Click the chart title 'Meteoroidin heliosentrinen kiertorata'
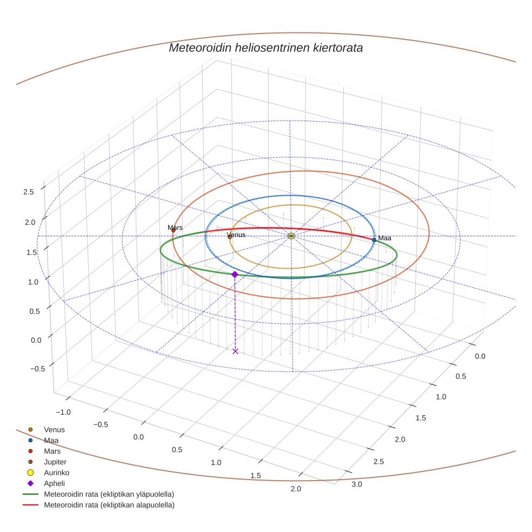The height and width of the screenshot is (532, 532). (x=265, y=48)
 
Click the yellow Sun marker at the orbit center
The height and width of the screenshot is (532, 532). (x=291, y=236)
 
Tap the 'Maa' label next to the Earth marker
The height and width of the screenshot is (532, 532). (x=384, y=238)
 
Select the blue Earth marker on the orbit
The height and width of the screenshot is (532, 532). (x=374, y=240)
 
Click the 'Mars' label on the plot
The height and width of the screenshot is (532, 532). (x=175, y=228)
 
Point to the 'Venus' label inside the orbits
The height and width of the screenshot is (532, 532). (x=236, y=235)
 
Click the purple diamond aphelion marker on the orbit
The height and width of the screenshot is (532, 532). (x=235, y=275)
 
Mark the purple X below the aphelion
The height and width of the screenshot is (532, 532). (x=235, y=351)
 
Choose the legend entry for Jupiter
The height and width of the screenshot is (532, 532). (x=55, y=462)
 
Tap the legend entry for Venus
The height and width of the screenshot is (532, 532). (x=54, y=429)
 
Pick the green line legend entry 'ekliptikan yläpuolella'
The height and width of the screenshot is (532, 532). (x=108, y=494)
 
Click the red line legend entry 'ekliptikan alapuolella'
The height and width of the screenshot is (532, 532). (x=108, y=505)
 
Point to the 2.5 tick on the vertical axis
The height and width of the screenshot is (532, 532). (x=28, y=191)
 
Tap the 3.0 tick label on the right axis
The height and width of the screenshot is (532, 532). (x=357, y=484)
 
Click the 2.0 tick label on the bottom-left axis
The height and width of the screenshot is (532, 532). (x=295, y=489)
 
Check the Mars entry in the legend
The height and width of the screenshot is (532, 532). (x=52, y=451)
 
